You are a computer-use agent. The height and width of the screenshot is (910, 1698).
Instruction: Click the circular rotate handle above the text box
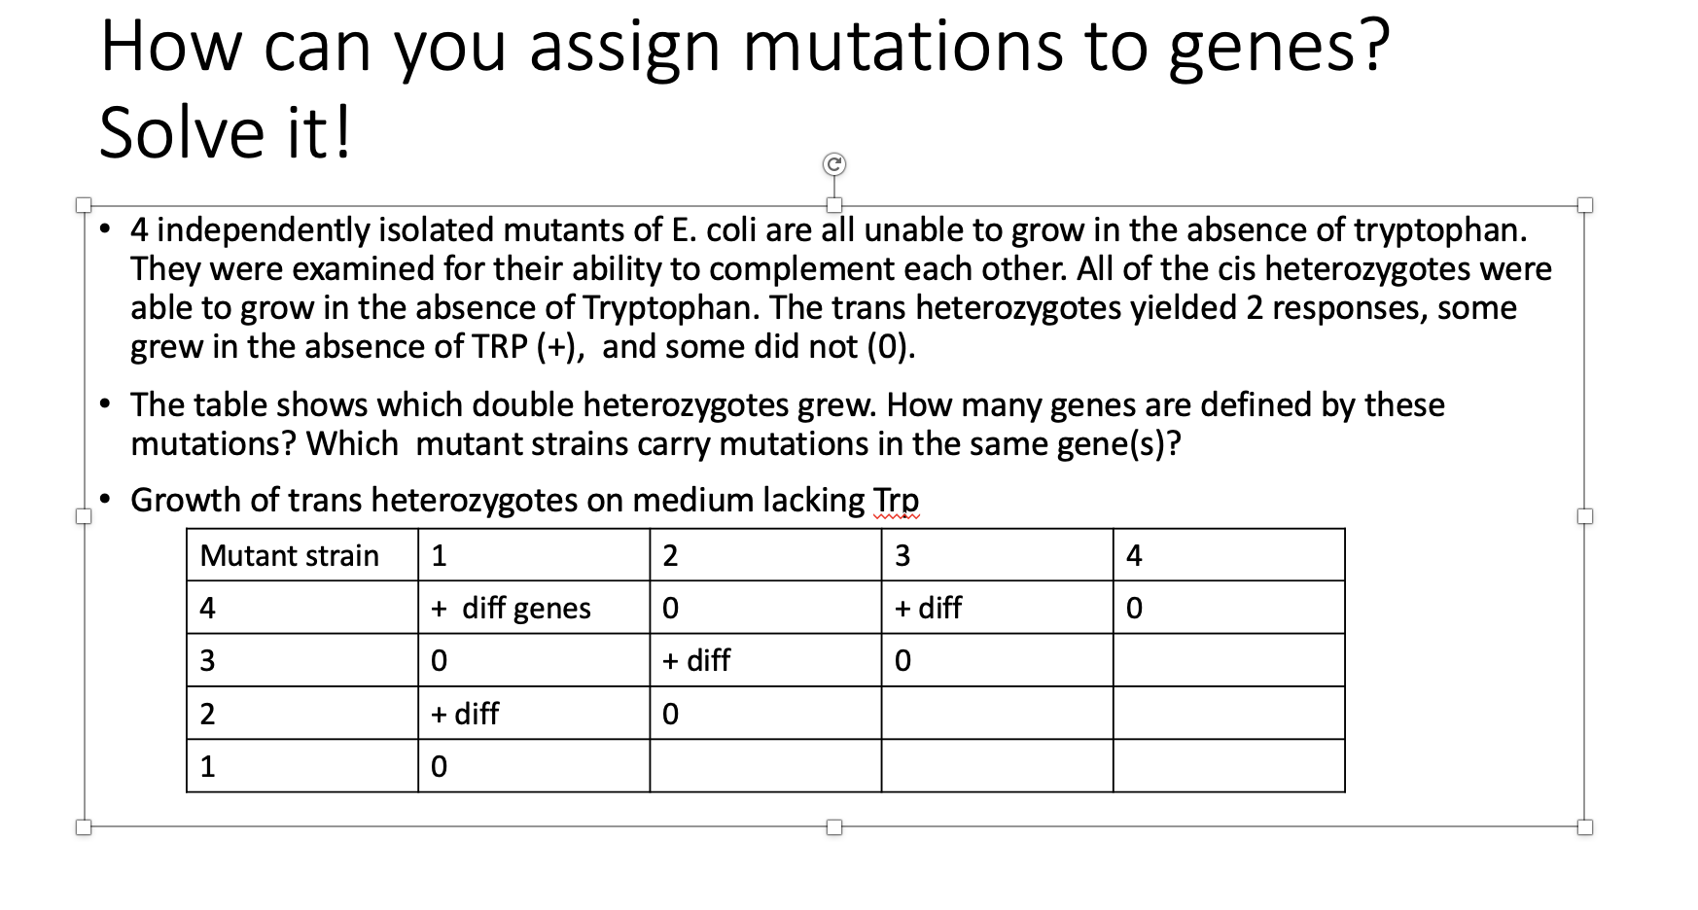point(833,164)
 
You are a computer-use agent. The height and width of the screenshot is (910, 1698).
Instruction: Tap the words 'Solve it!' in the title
point(226,133)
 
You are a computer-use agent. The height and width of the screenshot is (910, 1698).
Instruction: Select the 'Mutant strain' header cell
point(289,555)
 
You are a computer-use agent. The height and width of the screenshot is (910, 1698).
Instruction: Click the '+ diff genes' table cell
point(512,608)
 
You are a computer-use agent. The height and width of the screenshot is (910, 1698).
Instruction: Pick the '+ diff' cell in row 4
point(928,608)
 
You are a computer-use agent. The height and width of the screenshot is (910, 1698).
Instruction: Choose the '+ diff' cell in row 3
point(696,660)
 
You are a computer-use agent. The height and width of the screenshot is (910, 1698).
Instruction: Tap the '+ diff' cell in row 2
point(465,714)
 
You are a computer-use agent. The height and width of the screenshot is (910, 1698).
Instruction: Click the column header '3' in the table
point(902,555)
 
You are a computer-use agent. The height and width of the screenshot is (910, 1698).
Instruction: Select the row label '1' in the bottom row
point(207,766)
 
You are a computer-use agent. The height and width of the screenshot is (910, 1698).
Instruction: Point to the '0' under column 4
point(1134,608)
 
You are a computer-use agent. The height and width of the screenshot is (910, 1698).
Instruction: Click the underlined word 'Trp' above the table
point(896,500)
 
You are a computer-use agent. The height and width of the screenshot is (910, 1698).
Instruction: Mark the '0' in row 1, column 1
point(439,766)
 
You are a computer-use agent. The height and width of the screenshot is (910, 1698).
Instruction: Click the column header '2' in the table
point(670,555)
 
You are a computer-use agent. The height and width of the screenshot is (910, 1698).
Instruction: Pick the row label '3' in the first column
point(207,660)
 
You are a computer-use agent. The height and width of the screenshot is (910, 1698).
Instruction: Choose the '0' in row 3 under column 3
point(902,660)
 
